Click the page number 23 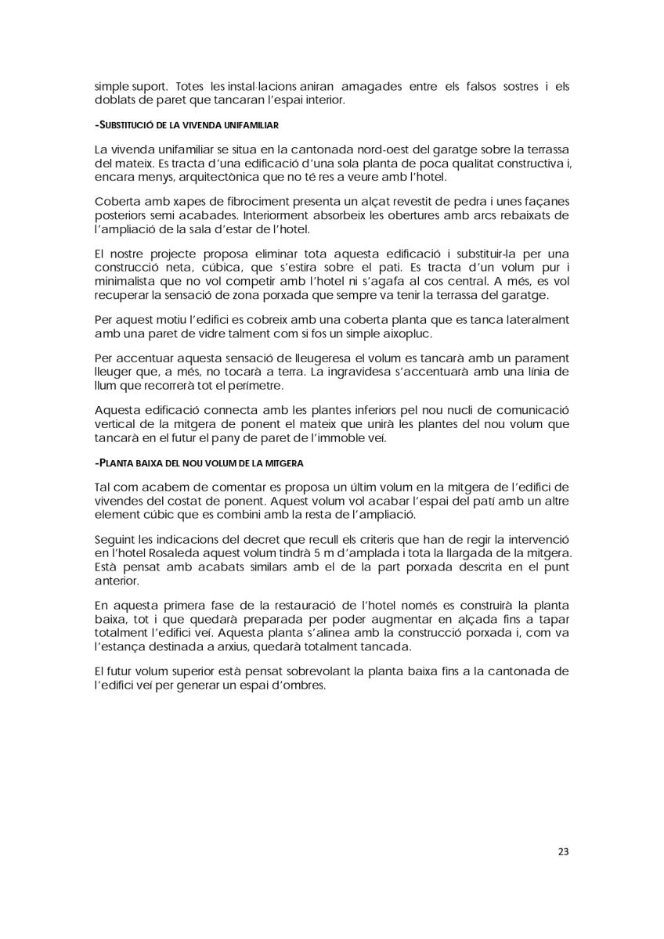click(562, 851)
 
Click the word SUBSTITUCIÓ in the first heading click(124, 124)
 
